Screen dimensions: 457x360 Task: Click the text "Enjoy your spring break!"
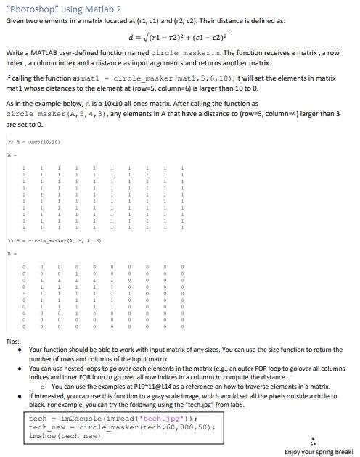tap(317, 451)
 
